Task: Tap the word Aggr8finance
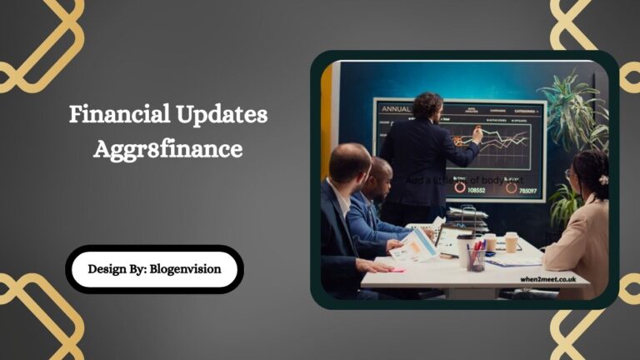[x=168, y=149]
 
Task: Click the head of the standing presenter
[x=429, y=104]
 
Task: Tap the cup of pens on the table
[x=477, y=259]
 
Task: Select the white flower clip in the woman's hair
[x=603, y=179]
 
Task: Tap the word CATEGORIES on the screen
[x=527, y=108]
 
